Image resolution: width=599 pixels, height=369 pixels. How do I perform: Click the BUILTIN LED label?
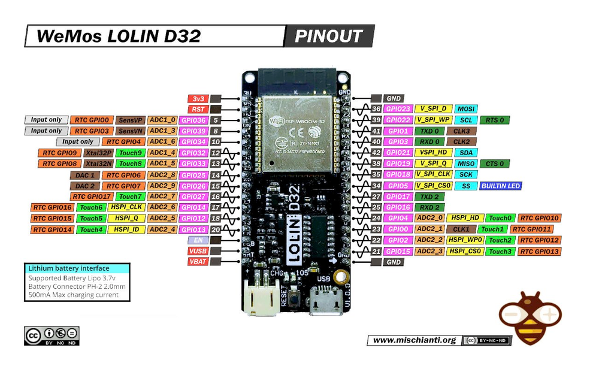click(x=500, y=186)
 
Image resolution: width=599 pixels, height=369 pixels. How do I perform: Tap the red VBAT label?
click(x=198, y=262)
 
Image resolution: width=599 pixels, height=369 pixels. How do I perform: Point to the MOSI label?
click(x=467, y=109)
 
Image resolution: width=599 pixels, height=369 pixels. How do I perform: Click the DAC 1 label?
click(x=84, y=175)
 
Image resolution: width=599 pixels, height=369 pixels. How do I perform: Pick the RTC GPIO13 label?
click(x=540, y=251)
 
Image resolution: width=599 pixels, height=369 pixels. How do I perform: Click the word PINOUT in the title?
click(x=329, y=37)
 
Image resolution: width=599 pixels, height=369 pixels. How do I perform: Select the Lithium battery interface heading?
click(x=68, y=268)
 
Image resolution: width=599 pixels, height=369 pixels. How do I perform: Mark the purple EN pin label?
click(x=198, y=240)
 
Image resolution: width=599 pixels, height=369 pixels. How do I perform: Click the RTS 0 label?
click(x=495, y=120)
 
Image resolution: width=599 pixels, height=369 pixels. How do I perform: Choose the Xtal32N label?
click(x=98, y=164)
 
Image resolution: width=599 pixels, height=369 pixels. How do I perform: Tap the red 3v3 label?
click(x=198, y=98)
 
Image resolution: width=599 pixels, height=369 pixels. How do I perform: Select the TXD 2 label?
click(x=429, y=196)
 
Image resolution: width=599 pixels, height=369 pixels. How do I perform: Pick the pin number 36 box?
click(x=376, y=109)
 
